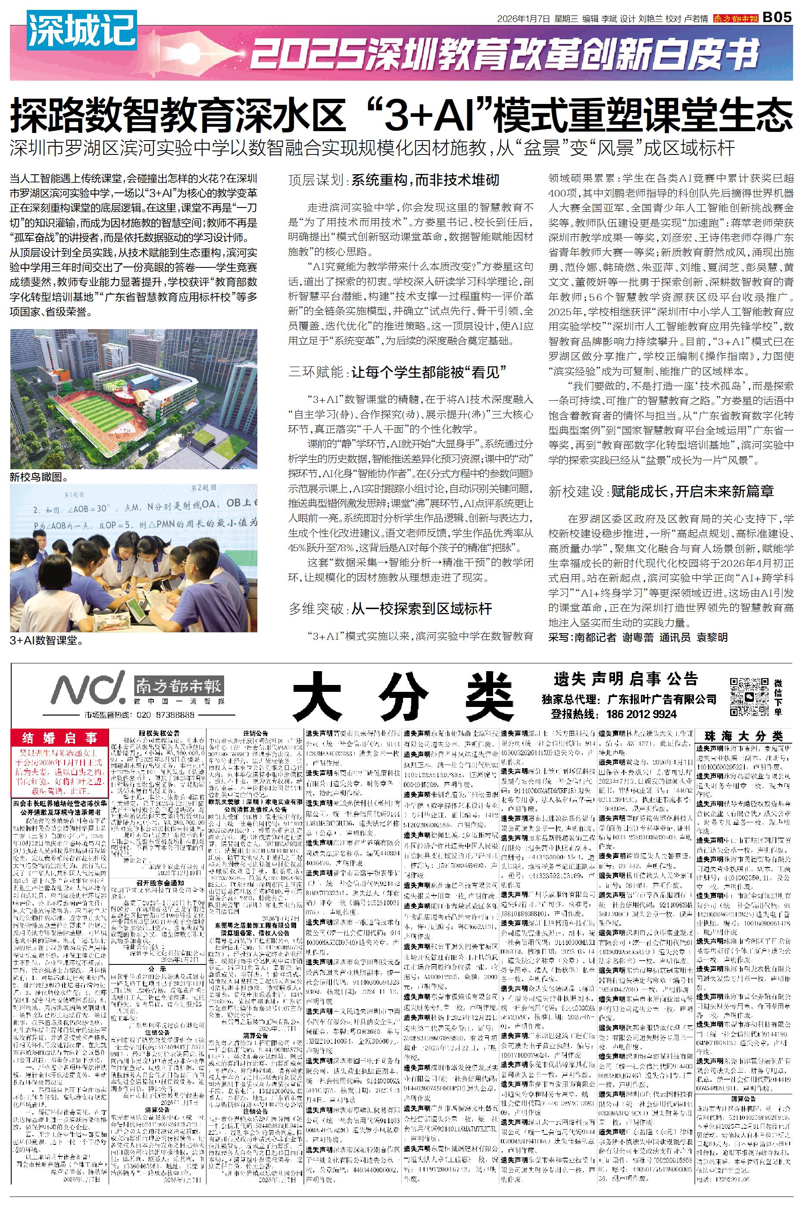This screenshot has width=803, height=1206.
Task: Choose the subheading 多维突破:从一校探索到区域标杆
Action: [x=390, y=609]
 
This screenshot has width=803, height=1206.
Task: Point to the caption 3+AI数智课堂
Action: [x=47, y=640]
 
